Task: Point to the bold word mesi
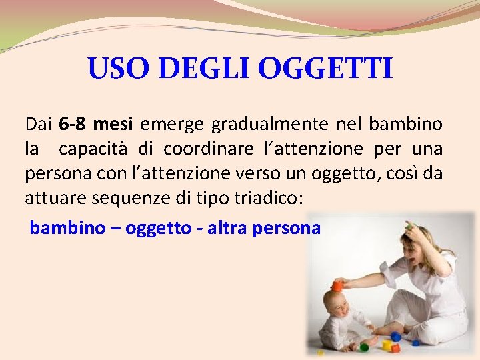click(x=115, y=123)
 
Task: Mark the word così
click(x=399, y=173)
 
